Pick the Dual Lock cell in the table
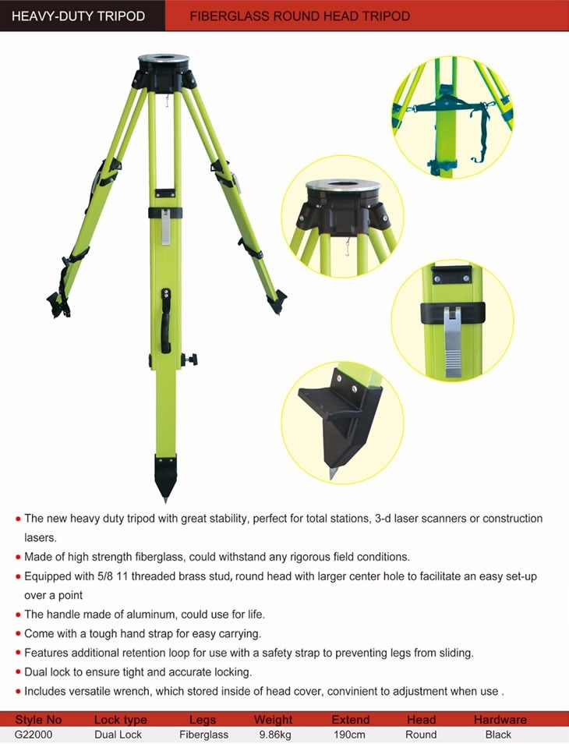coord(118,734)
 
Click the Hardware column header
coord(500,720)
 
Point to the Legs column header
coord(203,720)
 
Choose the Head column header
coord(421,720)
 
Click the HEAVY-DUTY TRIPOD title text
coord(78,16)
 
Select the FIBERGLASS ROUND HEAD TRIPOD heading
coord(300,16)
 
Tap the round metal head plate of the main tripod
coord(164,60)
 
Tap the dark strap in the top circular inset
coord(452,109)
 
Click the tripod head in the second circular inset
coord(343,207)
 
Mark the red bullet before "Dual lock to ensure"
coord(18,671)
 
